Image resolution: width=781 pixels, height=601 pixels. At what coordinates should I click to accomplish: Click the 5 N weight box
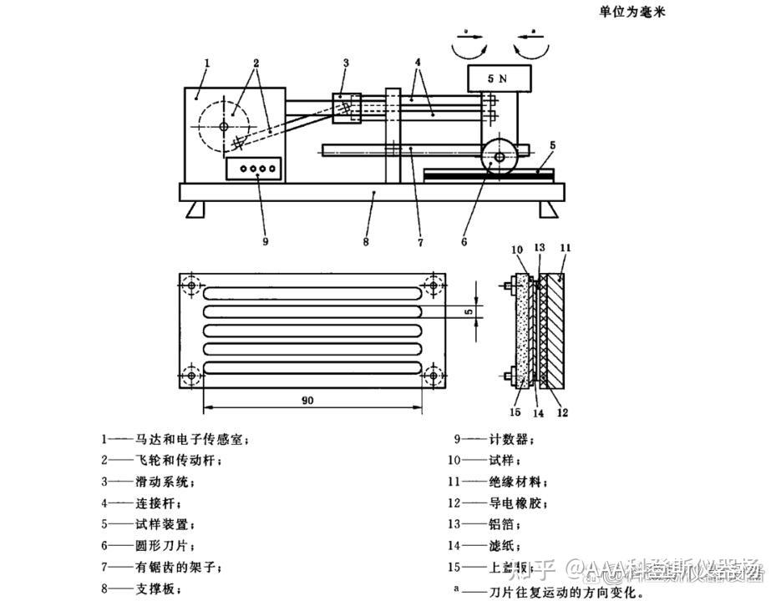click(500, 78)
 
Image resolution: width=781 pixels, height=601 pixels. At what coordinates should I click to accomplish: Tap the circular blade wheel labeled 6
click(500, 156)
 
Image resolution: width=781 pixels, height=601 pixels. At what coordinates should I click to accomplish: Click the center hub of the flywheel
click(225, 126)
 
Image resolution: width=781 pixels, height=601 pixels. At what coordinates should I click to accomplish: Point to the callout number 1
click(206, 63)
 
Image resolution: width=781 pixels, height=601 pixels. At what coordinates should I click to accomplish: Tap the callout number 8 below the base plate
click(365, 243)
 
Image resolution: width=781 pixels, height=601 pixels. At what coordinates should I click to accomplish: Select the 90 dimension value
click(308, 400)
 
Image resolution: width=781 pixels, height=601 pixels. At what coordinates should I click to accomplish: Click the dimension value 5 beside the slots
click(469, 311)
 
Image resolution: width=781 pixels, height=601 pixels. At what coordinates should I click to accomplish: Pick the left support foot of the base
click(195, 209)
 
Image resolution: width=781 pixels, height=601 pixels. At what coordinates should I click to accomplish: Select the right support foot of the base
click(548, 209)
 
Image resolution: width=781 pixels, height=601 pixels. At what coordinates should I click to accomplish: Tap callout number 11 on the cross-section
click(565, 248)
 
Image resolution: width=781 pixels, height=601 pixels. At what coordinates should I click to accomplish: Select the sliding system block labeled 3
click(347, 108)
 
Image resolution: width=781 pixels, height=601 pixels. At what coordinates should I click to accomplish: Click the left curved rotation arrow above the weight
click(469, 46)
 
